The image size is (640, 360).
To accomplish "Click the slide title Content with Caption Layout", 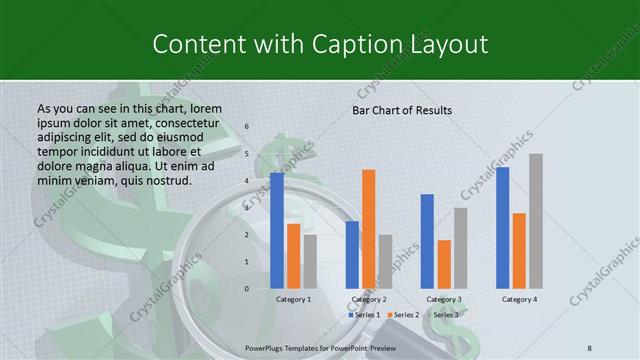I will click(x=320, y=44).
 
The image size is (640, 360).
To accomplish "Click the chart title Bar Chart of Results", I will click(x=402, y=110).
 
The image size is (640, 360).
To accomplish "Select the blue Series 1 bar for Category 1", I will click(x=277, y=230).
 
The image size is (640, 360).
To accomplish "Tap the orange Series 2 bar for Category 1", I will click(x=293, y=256).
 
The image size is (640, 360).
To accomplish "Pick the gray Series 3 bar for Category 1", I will click(x=309, y=261).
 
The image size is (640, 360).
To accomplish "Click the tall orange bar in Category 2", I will click(x=368, y=229).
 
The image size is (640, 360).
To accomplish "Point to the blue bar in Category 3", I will click(x=427, y=241).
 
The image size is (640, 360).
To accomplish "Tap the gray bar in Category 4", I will click(x=535, y=221).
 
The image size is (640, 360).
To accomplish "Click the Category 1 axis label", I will click(x=293, y=299).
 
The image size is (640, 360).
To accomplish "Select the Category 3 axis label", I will click(x=443, y=299).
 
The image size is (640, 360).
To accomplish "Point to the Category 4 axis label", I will click(x=519, y=299).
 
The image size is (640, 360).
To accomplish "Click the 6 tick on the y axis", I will click(x=247, y=127).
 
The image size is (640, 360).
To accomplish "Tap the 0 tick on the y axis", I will click(x=247, y=289).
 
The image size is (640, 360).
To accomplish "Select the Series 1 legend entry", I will click(x=363, y=315).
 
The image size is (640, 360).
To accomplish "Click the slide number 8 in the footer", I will click(x=590, y=346).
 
